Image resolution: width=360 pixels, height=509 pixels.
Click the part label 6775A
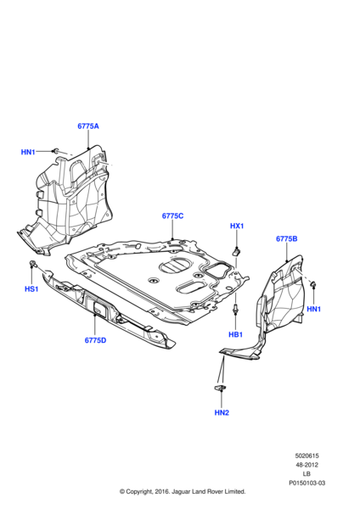coord(88,126)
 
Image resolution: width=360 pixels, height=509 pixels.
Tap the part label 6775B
coord(287,239)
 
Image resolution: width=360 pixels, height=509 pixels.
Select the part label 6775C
coord(173,216)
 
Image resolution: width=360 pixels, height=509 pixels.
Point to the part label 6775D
coord(96,340)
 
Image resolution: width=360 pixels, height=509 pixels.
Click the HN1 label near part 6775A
coord(28,152)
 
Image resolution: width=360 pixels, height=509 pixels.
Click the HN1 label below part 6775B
coord(314,309)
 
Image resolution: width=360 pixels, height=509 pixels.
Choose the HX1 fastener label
coord(238,227)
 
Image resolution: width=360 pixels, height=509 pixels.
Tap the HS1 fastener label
coord(31,290)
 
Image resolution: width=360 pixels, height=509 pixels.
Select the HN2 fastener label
coord(222,412)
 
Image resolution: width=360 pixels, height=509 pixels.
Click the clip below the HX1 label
coord(239,250)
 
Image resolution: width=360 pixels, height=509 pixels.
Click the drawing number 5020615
coord(307,456)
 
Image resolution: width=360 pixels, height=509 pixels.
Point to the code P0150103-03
coord(307,481)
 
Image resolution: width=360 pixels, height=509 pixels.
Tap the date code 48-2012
coord(307,464)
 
